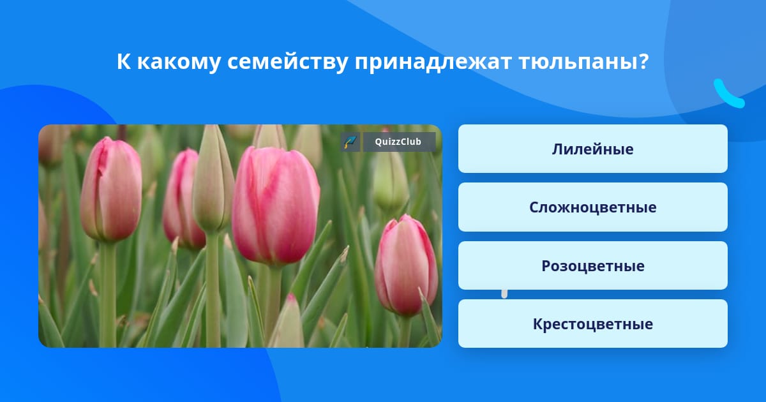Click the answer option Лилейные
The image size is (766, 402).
[x=592, y=149]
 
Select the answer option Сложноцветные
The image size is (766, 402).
[x=592, y=207]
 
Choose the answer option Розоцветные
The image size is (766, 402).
[x=592, y=265]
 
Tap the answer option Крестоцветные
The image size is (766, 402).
[x=592, y=324]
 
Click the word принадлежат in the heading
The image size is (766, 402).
[x=433, y=62]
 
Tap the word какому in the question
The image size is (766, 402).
[x=179, y=63]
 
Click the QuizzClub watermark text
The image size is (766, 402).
[x=398, y=142]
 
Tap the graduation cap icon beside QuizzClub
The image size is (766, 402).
[x=350, y=142]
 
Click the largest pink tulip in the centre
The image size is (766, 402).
[x=276, y=205]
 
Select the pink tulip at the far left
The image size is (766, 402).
[x=112, y=190]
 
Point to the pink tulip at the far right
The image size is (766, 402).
[x=406, y=265]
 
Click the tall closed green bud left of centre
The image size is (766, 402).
[x=213, y=179]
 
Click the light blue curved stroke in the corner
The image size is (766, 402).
[x=728, y=94]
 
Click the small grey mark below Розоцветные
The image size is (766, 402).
[x=504, y=294]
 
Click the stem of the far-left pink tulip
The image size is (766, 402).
[x=108, y=294]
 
